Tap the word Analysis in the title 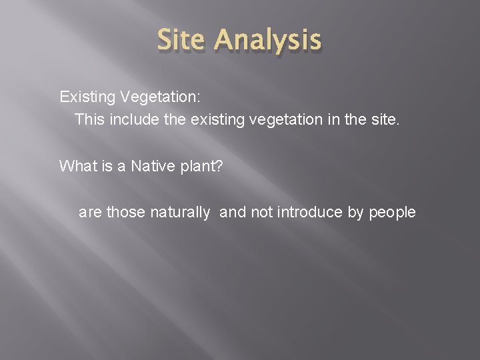click(x=268, y=40)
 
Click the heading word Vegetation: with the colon click(x=160, y=97)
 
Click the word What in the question click(x=75, y=166)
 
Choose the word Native click(x=152, y=166)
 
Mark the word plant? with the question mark click(x=201, y=166)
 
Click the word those click(x=125, y=213)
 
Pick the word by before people click(x=355, y=213)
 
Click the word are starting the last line click(x=91, y=213)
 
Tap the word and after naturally click(x=232, y=213)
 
